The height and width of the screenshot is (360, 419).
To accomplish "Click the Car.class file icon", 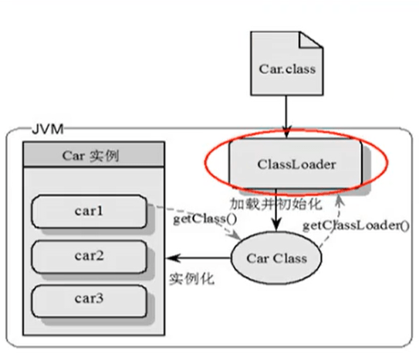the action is point(287,63).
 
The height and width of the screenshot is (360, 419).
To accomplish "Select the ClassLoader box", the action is point(296,164).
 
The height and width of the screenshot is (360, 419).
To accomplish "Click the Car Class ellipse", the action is point(276,258).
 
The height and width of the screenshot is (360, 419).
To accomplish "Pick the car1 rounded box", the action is point(89,212).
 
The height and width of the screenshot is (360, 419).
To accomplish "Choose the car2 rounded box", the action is point(89,256).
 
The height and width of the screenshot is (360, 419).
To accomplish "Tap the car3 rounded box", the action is point(89,301).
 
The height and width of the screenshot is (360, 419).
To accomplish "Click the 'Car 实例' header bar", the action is point(94,155).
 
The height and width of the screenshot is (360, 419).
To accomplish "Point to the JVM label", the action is point(48,129).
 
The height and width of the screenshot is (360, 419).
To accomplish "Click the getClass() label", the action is point(205,219).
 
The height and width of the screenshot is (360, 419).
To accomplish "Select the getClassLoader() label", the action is point(356,226).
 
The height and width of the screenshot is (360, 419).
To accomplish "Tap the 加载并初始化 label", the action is point(275,204).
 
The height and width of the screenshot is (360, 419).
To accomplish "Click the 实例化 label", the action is point(192,279).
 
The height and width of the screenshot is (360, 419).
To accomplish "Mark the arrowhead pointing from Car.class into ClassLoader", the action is point(286,132).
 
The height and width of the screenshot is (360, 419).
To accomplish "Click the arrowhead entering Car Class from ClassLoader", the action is point(276,226).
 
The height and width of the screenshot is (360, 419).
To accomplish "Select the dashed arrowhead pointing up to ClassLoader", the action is point(340,200).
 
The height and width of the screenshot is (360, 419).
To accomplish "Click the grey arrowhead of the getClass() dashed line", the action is point(235,236).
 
